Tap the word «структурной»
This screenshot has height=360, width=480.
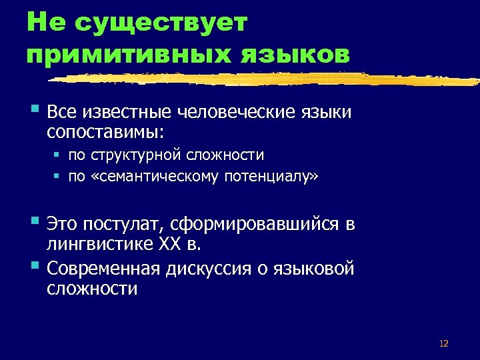[x=138, y=155]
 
